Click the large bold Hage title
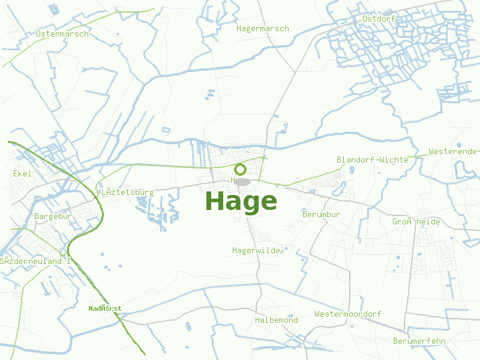(241, 202)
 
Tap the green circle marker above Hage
(240, 169)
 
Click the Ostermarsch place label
(62, 34)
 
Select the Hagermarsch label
(262, 29)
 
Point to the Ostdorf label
(377, 19)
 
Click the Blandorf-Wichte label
(372, 160)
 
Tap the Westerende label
(453, 151)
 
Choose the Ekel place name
(22, 173)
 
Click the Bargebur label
(53, 216)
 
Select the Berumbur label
(321, 214)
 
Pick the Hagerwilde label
(256, 250)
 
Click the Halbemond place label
(276, 320)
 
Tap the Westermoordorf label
(347, 314)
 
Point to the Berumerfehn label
(419, 341)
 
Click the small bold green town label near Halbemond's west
(105, 308)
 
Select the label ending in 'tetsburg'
(127, 193)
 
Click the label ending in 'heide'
(416, 222)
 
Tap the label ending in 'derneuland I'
(35, 262)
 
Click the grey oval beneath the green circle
(242, 181)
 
